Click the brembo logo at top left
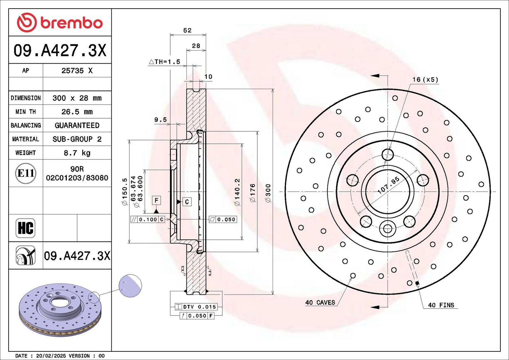[60, 23]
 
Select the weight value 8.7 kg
[77, 153]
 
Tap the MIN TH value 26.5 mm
[77, 112]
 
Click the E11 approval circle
[26, 173]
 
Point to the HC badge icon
[25, 228]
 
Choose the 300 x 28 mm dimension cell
[77, 98]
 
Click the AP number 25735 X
[77, 71]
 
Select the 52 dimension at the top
[187, 30]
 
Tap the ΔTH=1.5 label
[164, 62]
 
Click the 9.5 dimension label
[160, 120]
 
